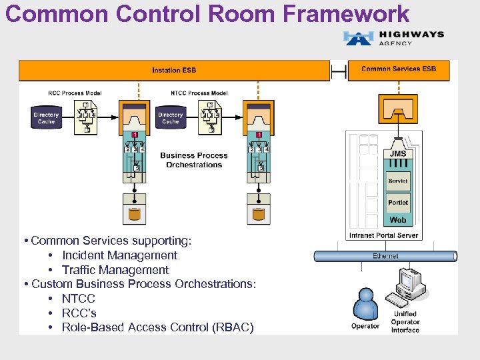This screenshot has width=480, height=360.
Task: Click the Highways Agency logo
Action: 393,38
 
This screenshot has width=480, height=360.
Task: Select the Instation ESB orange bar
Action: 174,70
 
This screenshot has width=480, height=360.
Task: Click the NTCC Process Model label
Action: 199,93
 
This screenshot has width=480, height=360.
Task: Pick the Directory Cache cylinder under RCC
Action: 46,118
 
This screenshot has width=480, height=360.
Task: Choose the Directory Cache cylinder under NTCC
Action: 170,118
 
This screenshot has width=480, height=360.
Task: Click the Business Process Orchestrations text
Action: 194,160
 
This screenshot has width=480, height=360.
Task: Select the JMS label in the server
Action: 398,154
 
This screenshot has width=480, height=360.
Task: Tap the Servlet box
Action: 398,181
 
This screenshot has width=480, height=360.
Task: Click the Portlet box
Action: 398,203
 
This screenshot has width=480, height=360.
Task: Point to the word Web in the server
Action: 398,220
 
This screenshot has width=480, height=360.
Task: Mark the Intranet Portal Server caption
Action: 383,235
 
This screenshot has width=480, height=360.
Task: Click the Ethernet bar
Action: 385,256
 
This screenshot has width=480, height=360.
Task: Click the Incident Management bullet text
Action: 119,255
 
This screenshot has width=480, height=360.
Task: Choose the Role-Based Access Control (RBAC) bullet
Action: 157,327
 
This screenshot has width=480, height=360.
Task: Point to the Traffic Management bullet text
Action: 115,270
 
